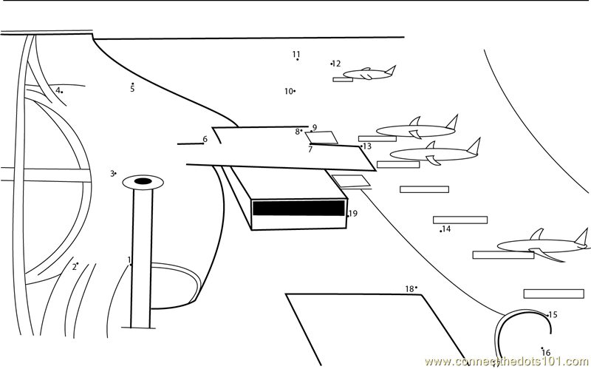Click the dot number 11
click(298, 59)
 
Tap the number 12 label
click(337, 64)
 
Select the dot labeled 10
click(294, 91)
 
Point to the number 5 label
click(132, 89)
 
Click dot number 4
click(62, 92)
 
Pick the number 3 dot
click(115, 173)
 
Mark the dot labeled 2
click(78, 263)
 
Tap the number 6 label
click(205, 139)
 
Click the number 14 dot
click(441, 231)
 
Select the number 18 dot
click(416, 288)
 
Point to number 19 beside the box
click(353, 214)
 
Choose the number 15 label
click(553, 315)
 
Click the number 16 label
click(546, 353)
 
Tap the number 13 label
click(367, 146)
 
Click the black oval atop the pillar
click(143, 181)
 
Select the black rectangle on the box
click(298, 208)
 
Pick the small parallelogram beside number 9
click(322, 138)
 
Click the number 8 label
click(298, 132)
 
